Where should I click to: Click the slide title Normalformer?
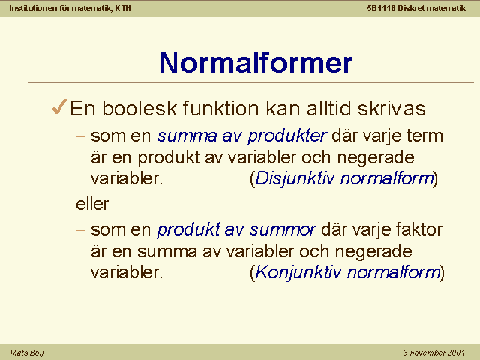256,62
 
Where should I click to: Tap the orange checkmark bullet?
60,106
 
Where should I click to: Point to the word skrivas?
391,108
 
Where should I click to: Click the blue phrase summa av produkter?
241,136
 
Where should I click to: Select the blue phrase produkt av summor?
236,229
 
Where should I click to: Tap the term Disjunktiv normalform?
344,178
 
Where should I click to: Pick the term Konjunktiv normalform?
348,271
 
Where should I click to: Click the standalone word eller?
92,204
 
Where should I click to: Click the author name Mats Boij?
27,352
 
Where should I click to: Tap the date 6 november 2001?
433,352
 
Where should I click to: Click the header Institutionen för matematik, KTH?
70,8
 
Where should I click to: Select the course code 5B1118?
382,8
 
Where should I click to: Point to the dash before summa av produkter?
80,136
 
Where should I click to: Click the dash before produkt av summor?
80,230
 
